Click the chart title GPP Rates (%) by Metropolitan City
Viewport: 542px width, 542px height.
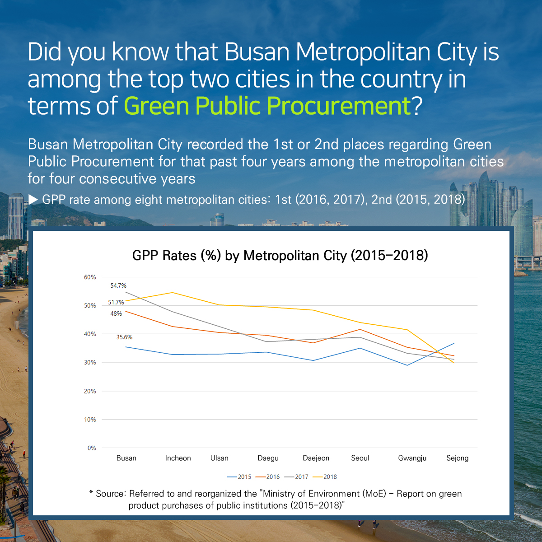click(x=280, y=256)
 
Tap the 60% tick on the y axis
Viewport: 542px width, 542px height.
click(x=90, y=277)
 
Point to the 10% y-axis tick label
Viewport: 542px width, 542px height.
click(x=90, y=420)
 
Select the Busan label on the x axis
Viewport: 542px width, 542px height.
click(x=126, y=458)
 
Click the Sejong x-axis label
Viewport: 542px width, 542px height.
click(x=457, y=458)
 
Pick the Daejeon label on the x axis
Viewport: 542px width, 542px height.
click(x=316, y=458)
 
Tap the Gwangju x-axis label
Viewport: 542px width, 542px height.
click(x=412, y=458)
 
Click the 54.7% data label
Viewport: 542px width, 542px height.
click(x=118, y=285)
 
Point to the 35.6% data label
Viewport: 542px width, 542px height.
click(x=124, y=337)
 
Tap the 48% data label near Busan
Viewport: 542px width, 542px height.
click(x=116, y=313)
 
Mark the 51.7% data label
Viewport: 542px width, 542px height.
click(x=116, y=302)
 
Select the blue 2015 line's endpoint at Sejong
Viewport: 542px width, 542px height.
click(x=454, y=343)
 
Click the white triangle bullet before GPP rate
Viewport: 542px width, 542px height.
click(x=33, y=199)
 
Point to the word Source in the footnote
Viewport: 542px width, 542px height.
click(x=110, y=494)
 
